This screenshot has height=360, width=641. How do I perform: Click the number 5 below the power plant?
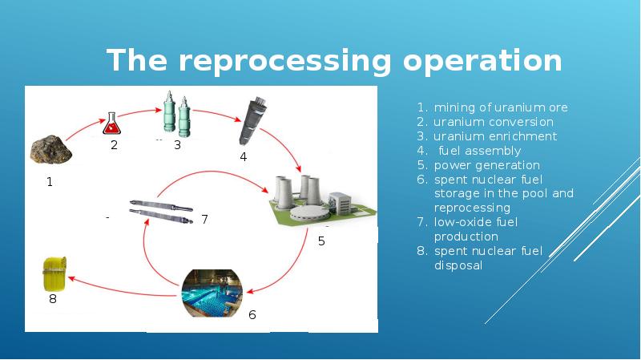pyautogui.click(x=321, y=241)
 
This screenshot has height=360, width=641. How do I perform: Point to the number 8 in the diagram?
pyautogui.click(x=52, y=300)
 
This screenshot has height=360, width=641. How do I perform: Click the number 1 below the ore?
pyautogui.click(x=49, y=182)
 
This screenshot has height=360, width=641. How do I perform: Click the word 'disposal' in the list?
pyautogui.click(x=458, y=265)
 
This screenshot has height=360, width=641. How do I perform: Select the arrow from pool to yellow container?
pyautogui.click(x=120, y=289)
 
